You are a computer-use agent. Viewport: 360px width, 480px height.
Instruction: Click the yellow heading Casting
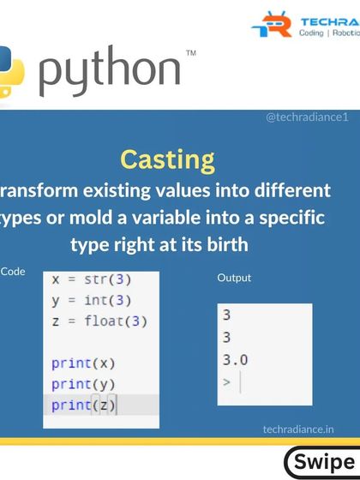coord(168,159)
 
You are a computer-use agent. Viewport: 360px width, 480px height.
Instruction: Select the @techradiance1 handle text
coord(307,117)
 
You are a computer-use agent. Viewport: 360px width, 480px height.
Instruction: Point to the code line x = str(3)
coord(92,279)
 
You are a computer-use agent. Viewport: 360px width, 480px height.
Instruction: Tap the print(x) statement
coord(83,362)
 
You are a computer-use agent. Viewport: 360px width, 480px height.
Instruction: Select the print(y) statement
coord(83,383)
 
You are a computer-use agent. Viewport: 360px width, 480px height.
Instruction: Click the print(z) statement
coord(83,405)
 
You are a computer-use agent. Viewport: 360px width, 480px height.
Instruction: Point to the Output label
coord(234,279)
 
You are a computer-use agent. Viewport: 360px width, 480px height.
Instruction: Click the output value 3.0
coord(235,360)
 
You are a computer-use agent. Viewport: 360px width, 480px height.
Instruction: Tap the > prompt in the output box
coord(226,381)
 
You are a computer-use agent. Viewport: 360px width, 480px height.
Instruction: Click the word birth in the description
coord(221,244)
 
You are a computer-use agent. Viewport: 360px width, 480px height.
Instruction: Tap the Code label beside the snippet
coord(13,271)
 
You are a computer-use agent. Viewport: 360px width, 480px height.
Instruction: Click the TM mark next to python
coord(190,54)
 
